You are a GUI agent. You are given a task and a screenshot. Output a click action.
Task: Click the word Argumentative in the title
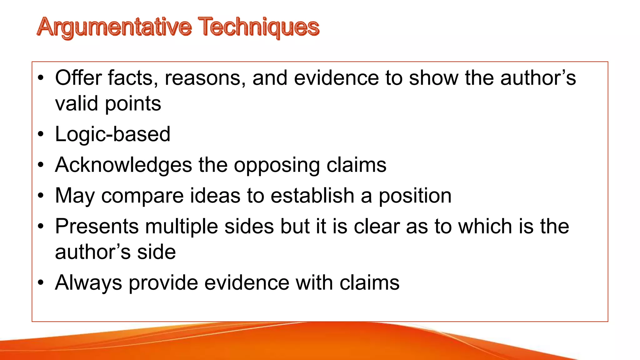coord(114,27)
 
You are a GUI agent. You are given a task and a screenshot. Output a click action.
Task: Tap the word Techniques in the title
coord(258,27)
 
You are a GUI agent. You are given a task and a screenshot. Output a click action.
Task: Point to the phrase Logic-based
coord(112,134)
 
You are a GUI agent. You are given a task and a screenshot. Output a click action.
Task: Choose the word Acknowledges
coord(123,165)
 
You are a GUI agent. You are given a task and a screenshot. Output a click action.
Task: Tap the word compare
coord(142,196)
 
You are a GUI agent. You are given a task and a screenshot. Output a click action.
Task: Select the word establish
coord(312,196)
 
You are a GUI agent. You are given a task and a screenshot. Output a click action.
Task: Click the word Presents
coord(97,226)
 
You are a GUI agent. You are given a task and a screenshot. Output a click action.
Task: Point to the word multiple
coord(182,227)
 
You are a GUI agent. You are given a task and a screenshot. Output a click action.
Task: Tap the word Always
coord(88,283)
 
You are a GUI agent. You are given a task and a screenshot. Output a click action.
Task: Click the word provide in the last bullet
coord(163,283)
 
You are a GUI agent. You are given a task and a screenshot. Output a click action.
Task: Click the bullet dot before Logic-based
coord(41,135)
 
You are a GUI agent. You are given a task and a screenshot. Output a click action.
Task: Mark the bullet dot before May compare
coord(41,196)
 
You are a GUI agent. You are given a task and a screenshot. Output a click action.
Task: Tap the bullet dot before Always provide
coord(41,283)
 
